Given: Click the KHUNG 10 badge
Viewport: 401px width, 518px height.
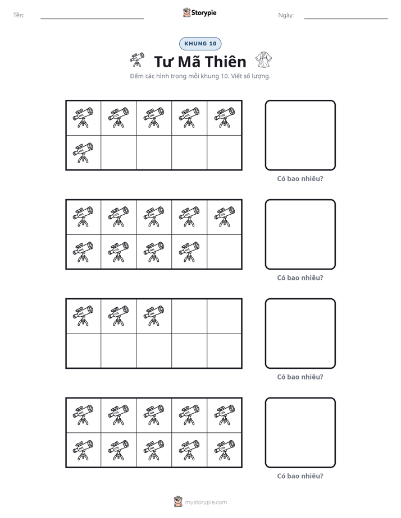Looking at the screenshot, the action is tap(200, 44).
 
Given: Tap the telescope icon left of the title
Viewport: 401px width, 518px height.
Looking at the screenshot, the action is tap(137, 59).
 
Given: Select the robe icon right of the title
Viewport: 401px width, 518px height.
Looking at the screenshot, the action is tap(263, 59).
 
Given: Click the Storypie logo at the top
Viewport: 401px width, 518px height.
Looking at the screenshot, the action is tap(199, 12).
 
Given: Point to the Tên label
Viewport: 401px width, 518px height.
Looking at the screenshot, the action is tap(19, 15).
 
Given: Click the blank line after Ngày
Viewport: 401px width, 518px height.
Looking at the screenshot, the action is tap(346, 19).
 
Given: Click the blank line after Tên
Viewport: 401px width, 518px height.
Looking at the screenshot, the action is tap(92, 19).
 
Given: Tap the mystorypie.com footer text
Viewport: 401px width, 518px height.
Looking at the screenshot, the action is tap(206, 502).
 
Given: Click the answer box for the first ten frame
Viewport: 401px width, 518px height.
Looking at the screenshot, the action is tap(300, 136).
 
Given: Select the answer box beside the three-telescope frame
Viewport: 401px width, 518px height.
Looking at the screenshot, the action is tap(300, 334).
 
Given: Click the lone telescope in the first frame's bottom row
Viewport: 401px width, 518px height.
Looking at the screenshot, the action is tap(83, 153).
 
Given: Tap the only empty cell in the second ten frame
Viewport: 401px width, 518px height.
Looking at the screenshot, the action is tap(225, 252).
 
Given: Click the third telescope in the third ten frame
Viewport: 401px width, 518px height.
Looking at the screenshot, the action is tap(154, 316).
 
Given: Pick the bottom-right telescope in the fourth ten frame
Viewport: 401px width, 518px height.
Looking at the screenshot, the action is tap(225, 450).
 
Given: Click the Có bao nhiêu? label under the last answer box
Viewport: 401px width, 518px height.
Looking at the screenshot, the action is tap(300, 476).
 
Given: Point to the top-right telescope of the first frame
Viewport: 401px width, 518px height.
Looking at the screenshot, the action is tap(225, 118).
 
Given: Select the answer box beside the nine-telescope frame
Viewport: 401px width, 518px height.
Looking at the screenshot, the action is tap(300, 234).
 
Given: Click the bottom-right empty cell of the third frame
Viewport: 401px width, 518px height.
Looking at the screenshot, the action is tap(225, 351).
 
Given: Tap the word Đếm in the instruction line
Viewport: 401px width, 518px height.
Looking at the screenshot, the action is tap(136, 76).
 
